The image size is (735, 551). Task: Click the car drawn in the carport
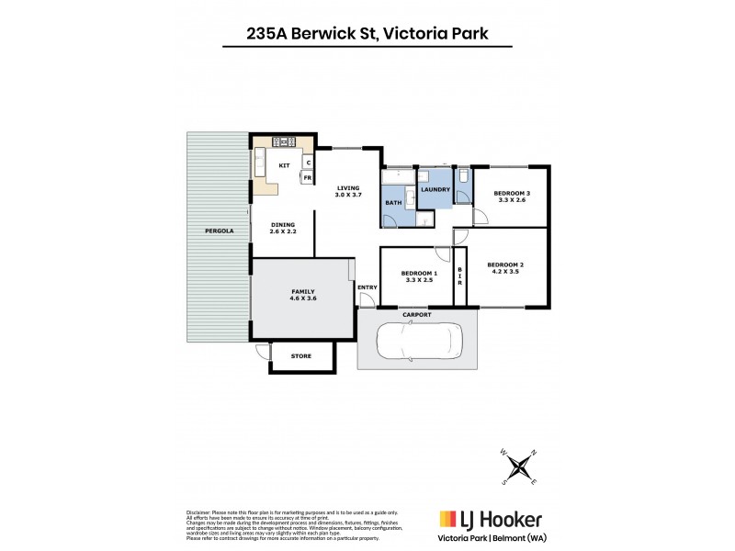coord(418,345)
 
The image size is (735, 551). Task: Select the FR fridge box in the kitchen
coord(308,177)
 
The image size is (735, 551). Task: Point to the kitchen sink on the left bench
coord(260,166)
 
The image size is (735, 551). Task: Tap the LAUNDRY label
coord(435,190)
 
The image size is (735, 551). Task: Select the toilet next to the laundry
coord(462,174)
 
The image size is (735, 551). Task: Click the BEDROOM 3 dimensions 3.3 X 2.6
coord(511,199)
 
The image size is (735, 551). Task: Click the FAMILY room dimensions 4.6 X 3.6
coord(303,298)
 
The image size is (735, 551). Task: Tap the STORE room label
coord(301,356)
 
